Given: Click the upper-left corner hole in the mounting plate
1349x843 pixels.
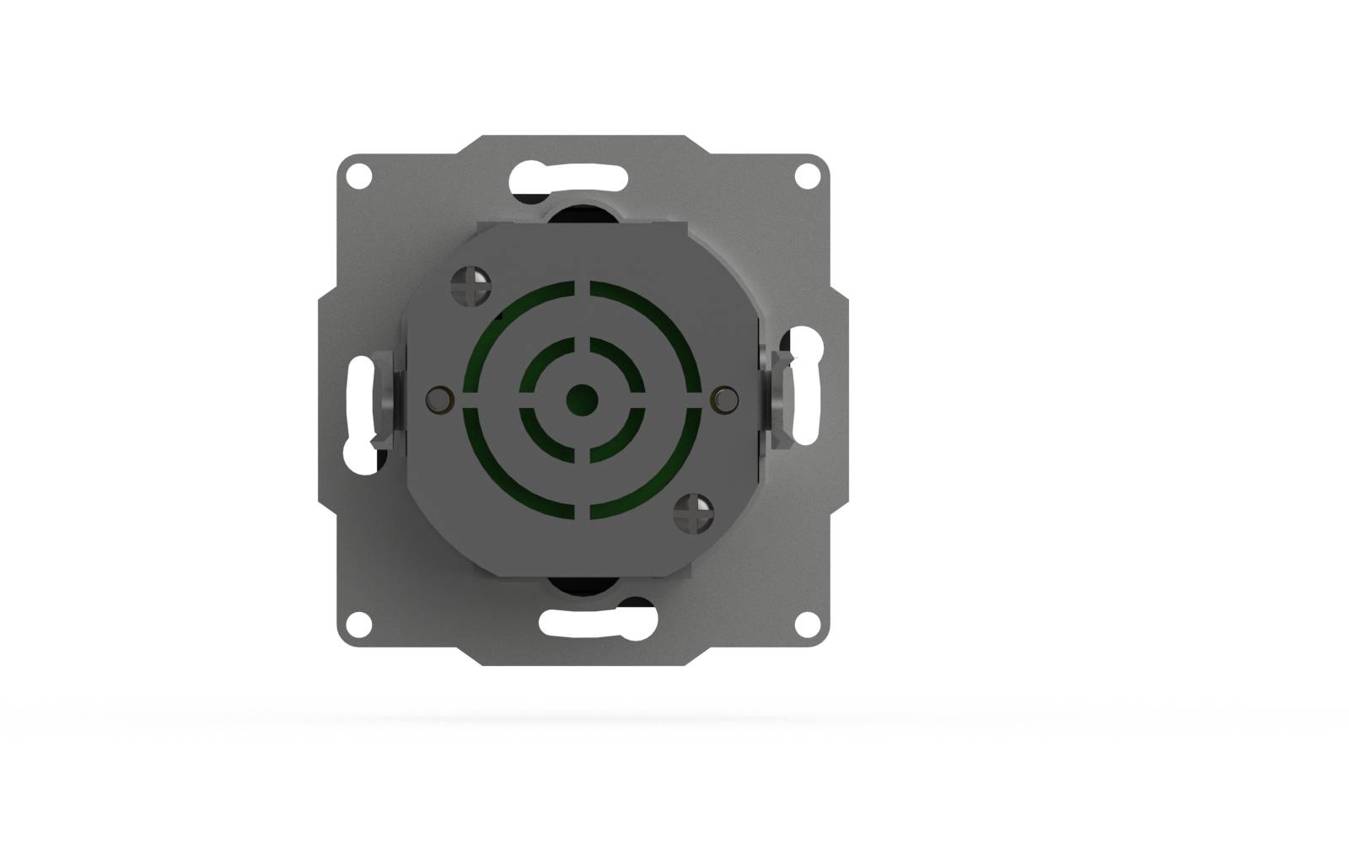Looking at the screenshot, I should point(359,176).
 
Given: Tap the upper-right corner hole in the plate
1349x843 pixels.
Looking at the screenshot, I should point(808,176).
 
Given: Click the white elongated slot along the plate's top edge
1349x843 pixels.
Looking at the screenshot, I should point(568,178).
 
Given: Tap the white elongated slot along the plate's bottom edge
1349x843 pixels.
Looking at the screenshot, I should point(597,623).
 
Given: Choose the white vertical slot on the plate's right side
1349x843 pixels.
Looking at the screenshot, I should point(808,388).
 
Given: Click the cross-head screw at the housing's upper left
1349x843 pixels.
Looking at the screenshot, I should point(471,286).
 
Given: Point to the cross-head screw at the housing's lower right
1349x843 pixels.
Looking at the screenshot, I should point(694,513).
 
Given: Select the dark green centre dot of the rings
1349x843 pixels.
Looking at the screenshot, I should point(582,400).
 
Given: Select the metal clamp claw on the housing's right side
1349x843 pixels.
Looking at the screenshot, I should point(776,400).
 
